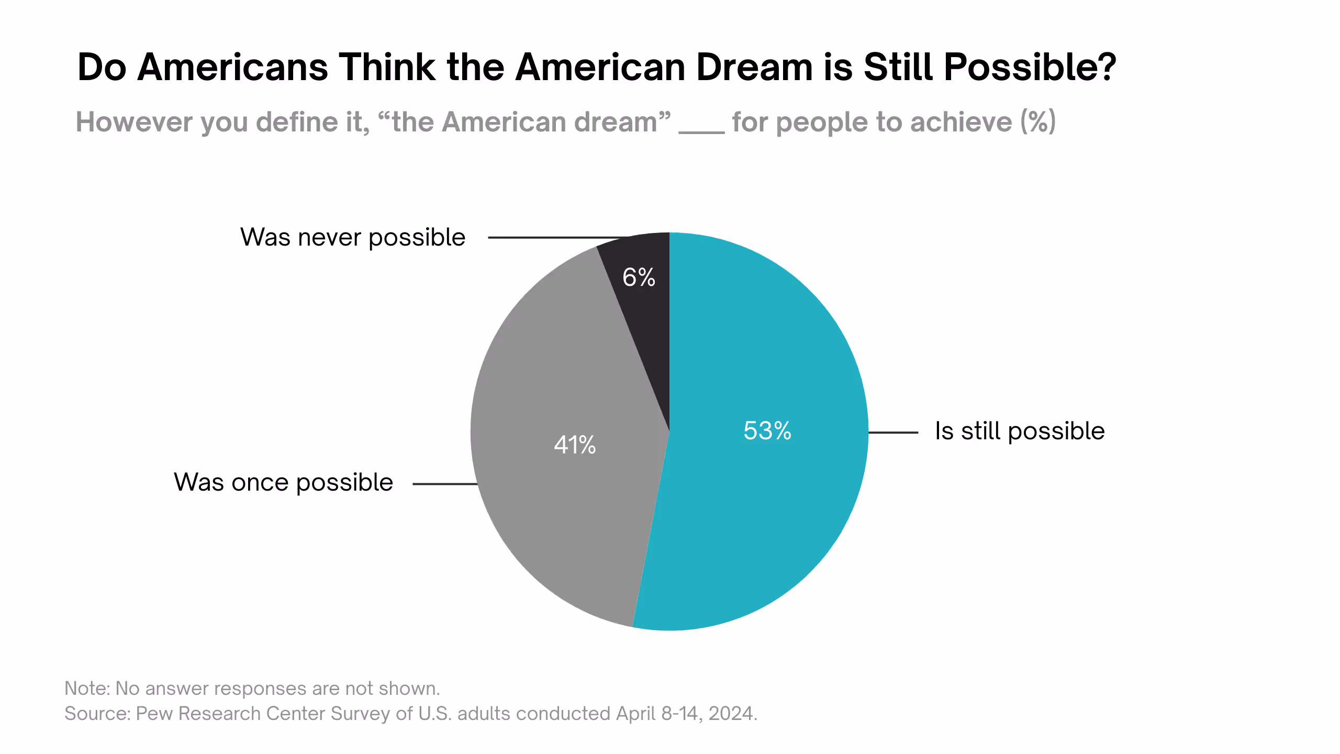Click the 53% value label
767,431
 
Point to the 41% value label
575,445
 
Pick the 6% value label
639,278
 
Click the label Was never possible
353,238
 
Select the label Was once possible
283,482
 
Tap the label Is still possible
1020,431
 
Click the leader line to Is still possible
893,433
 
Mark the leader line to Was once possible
445,484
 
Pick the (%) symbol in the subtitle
1037,122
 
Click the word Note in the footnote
85,689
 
